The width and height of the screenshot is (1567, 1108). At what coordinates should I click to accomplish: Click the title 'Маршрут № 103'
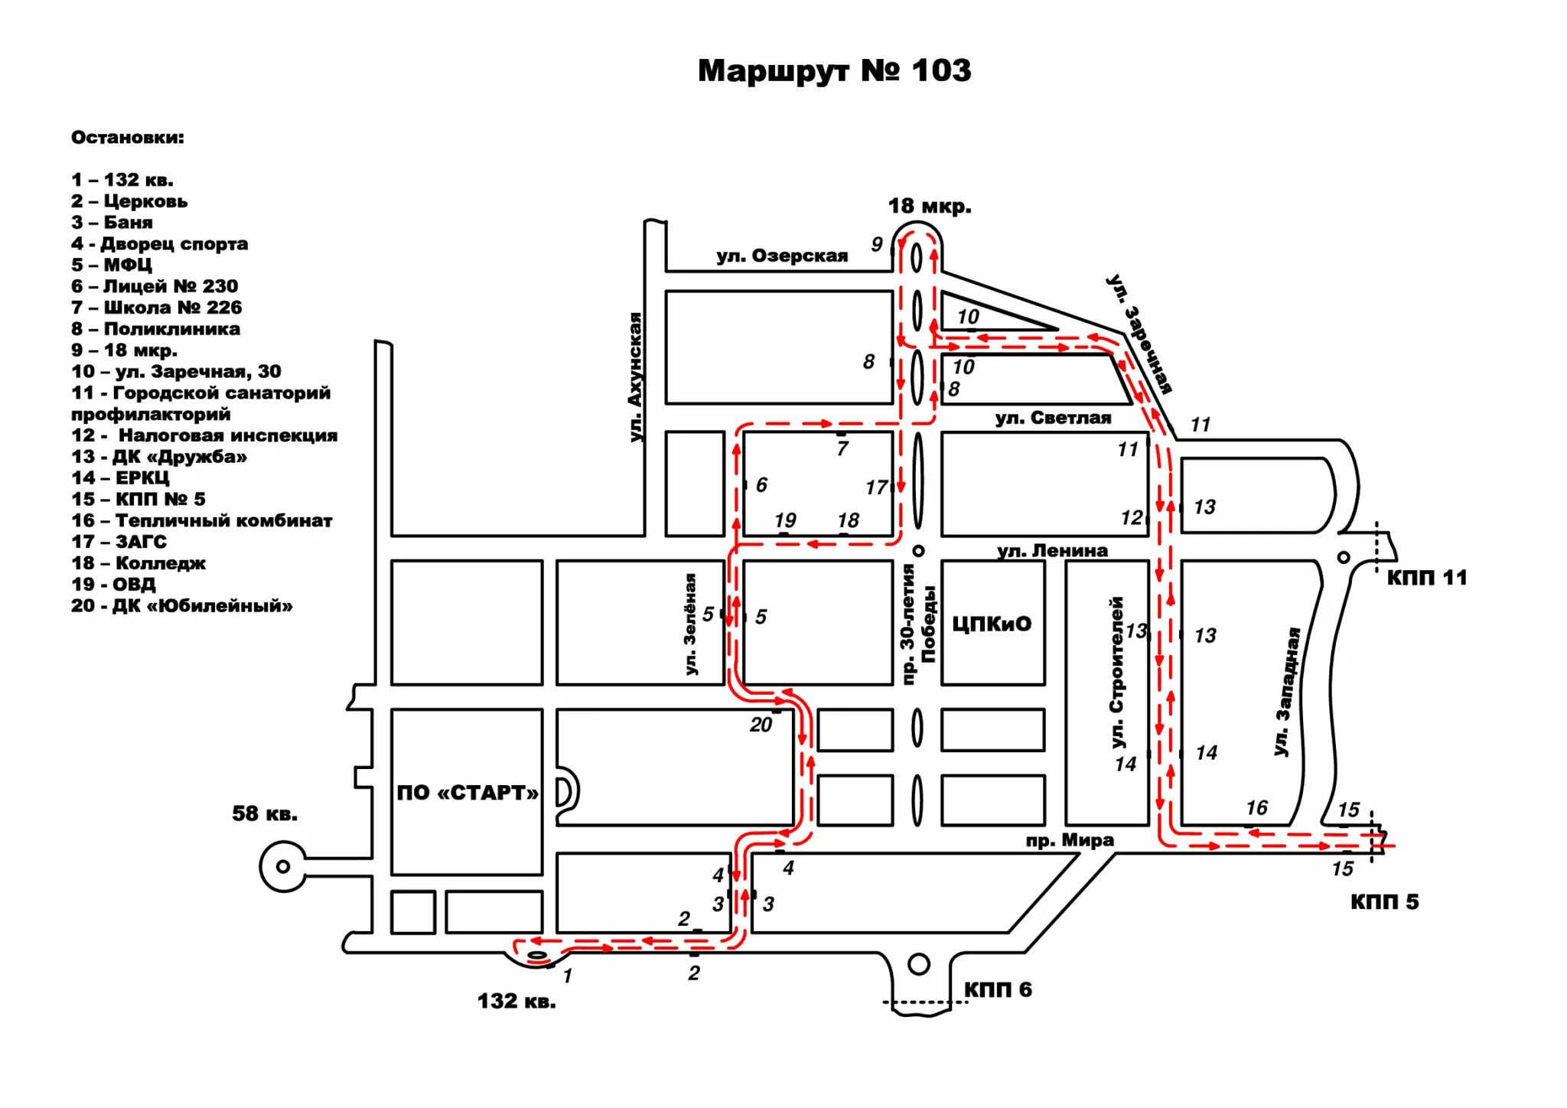pyautogui.click(x=834, y=71)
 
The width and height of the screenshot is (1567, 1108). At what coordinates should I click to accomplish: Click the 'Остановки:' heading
pyautogui.click(x=128, y=138)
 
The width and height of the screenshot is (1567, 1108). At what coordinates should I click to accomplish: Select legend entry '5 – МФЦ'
pyautogui.click(x=112, y=265)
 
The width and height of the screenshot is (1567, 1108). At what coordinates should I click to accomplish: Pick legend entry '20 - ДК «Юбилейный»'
pyautogui.click(x=181, y=606)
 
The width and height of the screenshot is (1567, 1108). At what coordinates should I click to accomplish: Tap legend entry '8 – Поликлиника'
pyautogui.click(x=155, y=329)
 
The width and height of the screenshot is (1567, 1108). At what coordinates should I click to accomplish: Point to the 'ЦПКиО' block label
pyautogui.click(x=992, y=624)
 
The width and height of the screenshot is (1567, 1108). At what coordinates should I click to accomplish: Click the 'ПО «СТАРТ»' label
pyautogui.click(x=467, y=793)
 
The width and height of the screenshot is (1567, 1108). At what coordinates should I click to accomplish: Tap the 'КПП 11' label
pyautogui.click(x=1427, y=578)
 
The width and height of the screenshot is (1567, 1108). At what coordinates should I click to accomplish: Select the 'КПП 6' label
pyautogui.click(x=998, y=990)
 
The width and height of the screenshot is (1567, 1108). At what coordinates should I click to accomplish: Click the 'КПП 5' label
pyautogui.click(x=1384, y=902)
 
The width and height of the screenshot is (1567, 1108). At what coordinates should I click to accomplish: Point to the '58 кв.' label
pyautogui.click(x=265, y=813)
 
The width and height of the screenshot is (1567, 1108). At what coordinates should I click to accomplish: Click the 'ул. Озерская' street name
pyautogui.click(x=782, y=256)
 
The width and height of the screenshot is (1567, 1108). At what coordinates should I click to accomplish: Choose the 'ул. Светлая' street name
pyautogui.click(x=1053, y=418)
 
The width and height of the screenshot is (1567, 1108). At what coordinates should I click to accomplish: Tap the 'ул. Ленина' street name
pyautogui.click(x=1052, y=550)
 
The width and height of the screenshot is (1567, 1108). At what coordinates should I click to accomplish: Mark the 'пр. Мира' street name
pyautogui.click(x=1070, y=840)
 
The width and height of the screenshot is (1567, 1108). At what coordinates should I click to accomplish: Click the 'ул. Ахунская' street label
pyautogui.click(x=636, y=376)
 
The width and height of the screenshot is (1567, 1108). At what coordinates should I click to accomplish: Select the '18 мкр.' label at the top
pyautogui.click(x=930, y=207)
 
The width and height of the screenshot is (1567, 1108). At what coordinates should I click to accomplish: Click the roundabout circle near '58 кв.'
pyautogui.click(x=283, y=867)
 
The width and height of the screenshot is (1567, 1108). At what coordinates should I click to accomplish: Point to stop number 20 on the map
pyautogui.click(x=761, y=725)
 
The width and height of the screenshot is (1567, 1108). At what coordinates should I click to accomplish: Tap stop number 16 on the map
pyautogui.click(x=1256, y=808)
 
